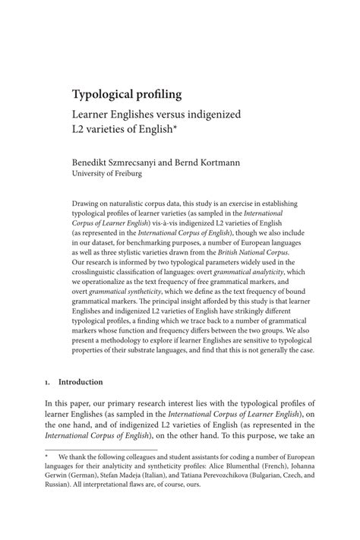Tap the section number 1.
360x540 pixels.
coord(47,382)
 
